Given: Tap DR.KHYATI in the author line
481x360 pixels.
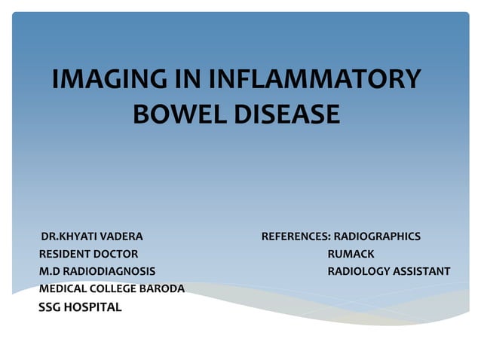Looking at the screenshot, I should pos(67,236).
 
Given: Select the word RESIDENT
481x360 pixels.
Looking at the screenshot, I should pos(65,254).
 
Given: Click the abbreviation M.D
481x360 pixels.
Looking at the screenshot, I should pos(49,271).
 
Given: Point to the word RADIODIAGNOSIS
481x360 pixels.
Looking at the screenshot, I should pos(109,271).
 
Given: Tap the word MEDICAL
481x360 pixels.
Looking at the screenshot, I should pos(62,288).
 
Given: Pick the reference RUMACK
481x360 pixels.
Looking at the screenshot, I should pos(351,254).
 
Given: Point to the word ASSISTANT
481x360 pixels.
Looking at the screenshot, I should pos(423,271).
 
